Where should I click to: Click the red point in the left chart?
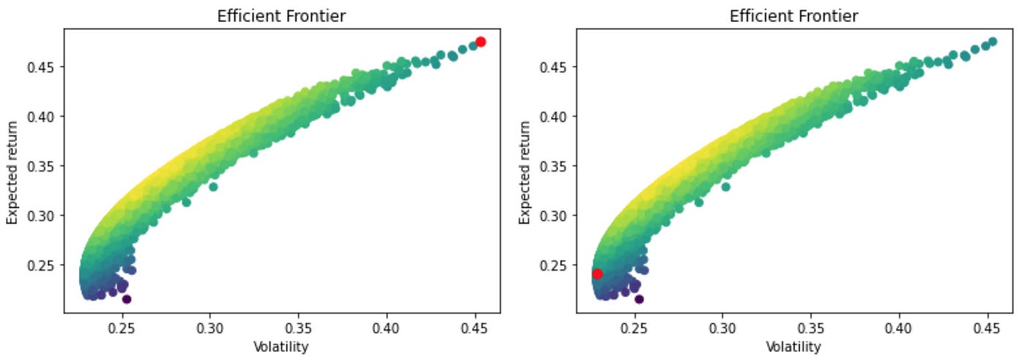[480, 42]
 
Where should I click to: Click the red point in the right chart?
[597, 273]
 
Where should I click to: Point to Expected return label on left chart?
[12, 171]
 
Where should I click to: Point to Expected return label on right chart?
[525, 171]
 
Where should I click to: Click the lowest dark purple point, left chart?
[127, 299]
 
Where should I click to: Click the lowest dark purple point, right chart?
[639, 299]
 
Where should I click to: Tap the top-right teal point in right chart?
[993, 42]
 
